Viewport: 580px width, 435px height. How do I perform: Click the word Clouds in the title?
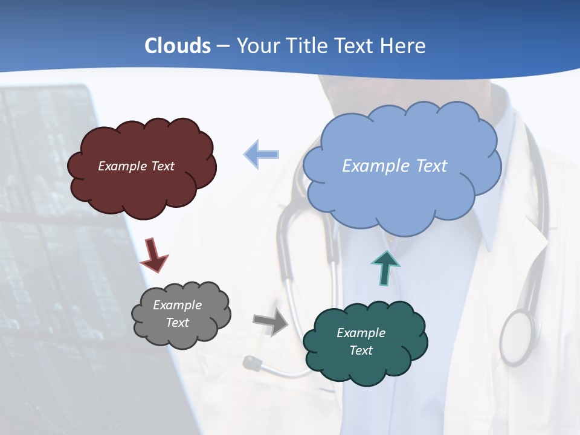click(178, 45)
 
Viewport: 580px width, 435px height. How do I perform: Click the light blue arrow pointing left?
click(262, 154)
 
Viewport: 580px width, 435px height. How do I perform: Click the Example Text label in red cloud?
click(136, 166)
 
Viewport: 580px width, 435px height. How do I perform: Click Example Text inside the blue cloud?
click(395, 166)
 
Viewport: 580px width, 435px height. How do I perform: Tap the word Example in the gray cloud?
click(177, 305)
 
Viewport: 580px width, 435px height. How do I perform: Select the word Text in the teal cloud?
click(361, 350)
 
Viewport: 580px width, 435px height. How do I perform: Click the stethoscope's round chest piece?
click(518, 337)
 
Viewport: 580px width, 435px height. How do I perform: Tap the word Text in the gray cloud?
click(177, 323)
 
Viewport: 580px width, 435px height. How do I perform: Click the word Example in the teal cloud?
click(361, 333)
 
